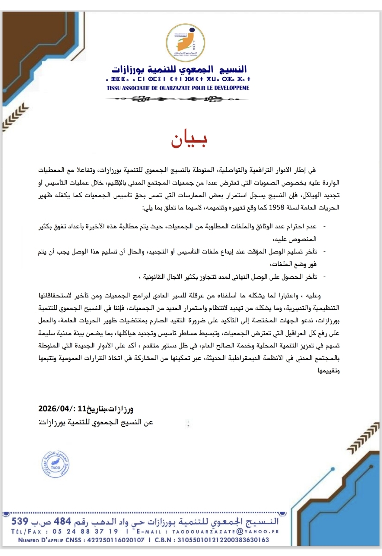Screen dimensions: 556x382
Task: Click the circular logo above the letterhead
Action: (x=185, y=42)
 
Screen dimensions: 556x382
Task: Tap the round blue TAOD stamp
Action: (x=55, y=464)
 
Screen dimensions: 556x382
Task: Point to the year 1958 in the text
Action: (x=277, y=208)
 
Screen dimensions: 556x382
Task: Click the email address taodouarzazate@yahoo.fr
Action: (x=226, y=532)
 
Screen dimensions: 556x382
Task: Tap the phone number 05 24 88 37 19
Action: (x=85, y=532)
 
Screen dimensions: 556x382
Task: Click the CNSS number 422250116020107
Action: (x=116, y=540)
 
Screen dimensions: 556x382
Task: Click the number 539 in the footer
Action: (x=20, y=521)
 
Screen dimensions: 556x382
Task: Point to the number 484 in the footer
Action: (x=63, y=521)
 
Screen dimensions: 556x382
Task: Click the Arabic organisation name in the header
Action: (x=179, y=69)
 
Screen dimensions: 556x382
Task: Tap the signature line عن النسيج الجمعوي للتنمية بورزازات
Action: (x=96, y=422)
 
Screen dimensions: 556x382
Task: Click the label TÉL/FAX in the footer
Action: (x=26, y=532)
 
